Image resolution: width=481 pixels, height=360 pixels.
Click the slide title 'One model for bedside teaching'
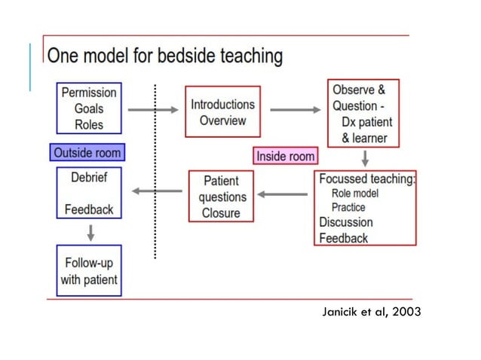tap(165, 56)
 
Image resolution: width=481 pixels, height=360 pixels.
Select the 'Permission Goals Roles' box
tap(89, 108)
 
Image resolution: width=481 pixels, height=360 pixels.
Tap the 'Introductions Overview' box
tap(222, 112)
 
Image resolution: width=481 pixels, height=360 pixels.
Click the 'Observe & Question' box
tap(363, 113)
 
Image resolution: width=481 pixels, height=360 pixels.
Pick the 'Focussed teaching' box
tap(366, 208)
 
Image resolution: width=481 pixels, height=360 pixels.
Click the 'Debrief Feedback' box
tap(89, 195)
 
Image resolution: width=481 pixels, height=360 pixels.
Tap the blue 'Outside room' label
tap(87, 153)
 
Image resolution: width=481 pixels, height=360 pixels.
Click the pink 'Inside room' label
tap(285, 156)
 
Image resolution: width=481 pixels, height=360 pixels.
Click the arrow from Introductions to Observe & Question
tap(295, 110)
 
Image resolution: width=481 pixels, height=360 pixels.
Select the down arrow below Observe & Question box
tap(365, 159)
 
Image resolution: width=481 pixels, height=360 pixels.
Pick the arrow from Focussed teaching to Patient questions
tap(283, 194)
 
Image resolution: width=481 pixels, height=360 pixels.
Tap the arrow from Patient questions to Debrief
tap(157, 191)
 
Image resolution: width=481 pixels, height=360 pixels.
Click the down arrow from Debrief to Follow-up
tap(90, 232)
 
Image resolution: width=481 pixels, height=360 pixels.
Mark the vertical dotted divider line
tap(155, 173)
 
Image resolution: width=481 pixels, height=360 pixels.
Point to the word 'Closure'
tap(220, 212)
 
